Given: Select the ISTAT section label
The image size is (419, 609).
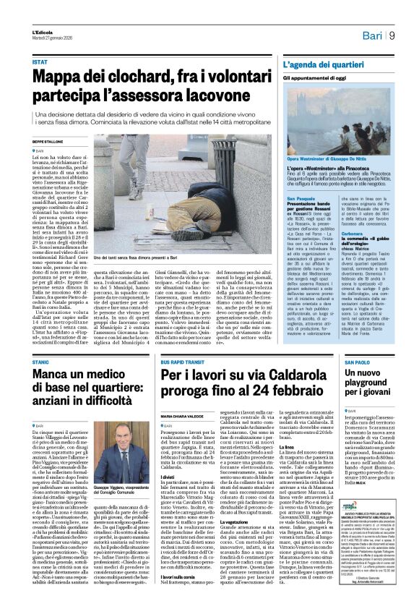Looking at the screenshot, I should (x=40, y=62).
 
